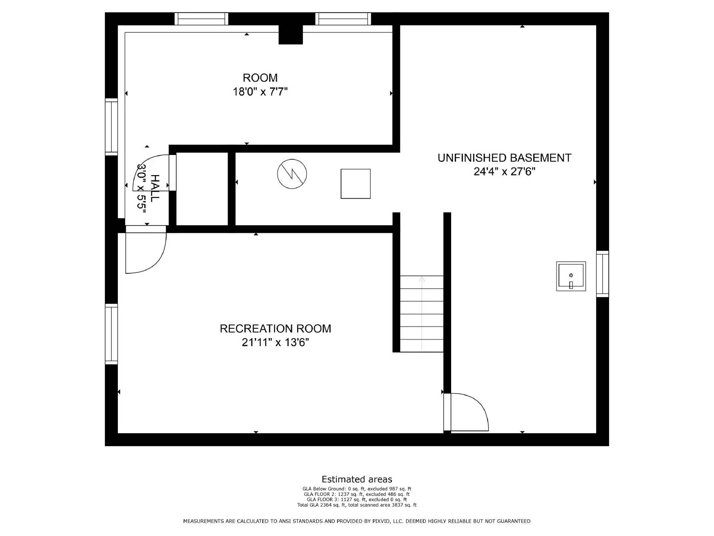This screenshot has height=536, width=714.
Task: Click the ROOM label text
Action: (x=260, y=78)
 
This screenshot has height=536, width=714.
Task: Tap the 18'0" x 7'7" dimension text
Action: (x=260, y=92)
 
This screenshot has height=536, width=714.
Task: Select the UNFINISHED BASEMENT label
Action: (x=504, y=158)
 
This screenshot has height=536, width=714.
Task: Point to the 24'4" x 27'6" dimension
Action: (x=504, y=172)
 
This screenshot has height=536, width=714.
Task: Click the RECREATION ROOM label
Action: (x=275, y=329)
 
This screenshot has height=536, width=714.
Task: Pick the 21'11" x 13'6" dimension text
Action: (x=275, y=343)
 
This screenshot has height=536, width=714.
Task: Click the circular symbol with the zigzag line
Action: (x=292, y=174)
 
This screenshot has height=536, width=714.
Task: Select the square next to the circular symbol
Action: (x=356, y=184)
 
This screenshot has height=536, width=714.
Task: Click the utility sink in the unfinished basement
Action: (x=571, y=276)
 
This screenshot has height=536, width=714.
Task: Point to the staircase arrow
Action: (x=422, y=313)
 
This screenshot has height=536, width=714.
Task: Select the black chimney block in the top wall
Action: (x=291, y=34)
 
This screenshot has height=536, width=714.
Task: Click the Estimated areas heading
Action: (x=357, y=479)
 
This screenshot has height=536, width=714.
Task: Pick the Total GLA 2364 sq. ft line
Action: (x=357, y=505)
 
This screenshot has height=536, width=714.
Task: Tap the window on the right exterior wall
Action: (x=602, y=274)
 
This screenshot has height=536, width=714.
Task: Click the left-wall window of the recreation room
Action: (x=111, y=334)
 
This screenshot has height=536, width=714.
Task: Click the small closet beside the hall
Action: (x=202, y=189)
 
